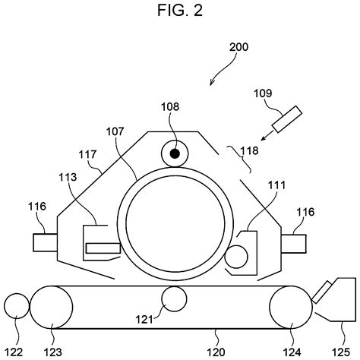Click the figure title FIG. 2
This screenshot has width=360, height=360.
coord(180,11)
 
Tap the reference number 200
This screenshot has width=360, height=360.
coord(238,47)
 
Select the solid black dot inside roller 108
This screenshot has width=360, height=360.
coord(175,153)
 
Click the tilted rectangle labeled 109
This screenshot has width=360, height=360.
coord(287,119)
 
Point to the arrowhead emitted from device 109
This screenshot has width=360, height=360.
coord(264,137)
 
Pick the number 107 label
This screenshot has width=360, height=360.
coord(115,131)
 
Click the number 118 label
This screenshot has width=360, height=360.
coord(249,150)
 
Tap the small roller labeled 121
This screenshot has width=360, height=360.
coord(174,298)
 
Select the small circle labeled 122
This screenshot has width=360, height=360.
coord(17,306)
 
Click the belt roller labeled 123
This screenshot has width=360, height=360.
coord(52,307)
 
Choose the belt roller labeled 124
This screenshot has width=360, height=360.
coord(291,308)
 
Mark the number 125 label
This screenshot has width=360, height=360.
coord(341,352)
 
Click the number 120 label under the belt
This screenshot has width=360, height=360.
coord(216,352)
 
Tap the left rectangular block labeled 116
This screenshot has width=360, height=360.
coord(45,242)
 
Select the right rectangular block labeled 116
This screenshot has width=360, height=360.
coord(294,244)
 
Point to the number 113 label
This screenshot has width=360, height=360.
coord(68,177)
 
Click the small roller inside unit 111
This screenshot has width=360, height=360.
coord(236,257)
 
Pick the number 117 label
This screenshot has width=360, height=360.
coord(87,154)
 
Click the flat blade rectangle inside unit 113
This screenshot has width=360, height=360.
coord(103,248)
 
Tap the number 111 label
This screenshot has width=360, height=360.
coord(276,185)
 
